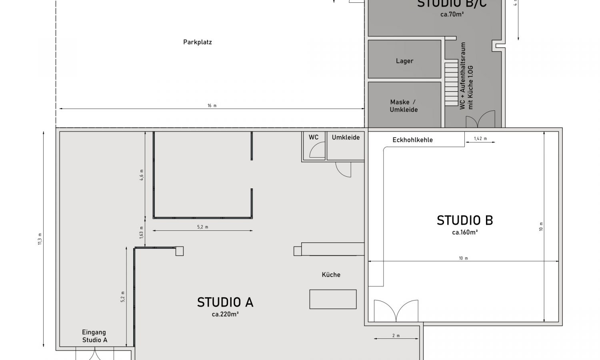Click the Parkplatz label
click(x=197, y=42)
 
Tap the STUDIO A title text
click(x=225, y=302)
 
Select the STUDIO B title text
click(x=464, y=220)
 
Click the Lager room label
click(x=404, y=61)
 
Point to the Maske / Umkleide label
click(x=404, y=106)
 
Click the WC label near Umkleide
click(x=314, y=137)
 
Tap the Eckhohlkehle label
click(x=412, y=140)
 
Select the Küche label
click(x=331, y=275)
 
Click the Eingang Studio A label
click(x=94, y=336)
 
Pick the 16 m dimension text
click(x=212, y=106)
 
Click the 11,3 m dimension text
click(x=40, y=239)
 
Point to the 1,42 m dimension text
click(x=480, y=139)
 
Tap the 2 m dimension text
click(x=396, y=336)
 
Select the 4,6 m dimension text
click(x=142, y=175)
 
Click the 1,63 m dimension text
click(x=142, y=233)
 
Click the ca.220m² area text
click(x=225, y=314)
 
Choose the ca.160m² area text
click(x=464, y=232)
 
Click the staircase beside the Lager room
click(x=451, y=83)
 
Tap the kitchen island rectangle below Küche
click(x=333, y=299)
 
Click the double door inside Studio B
click(x=396, y=311)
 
